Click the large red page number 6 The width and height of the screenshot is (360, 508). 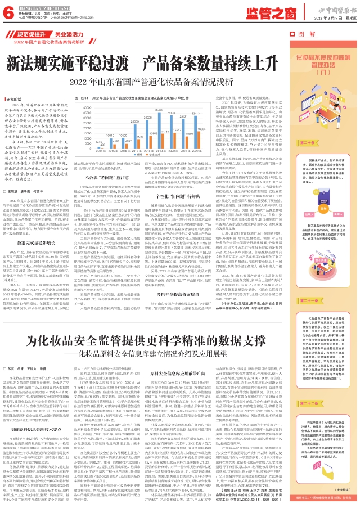tap(7, 11)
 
